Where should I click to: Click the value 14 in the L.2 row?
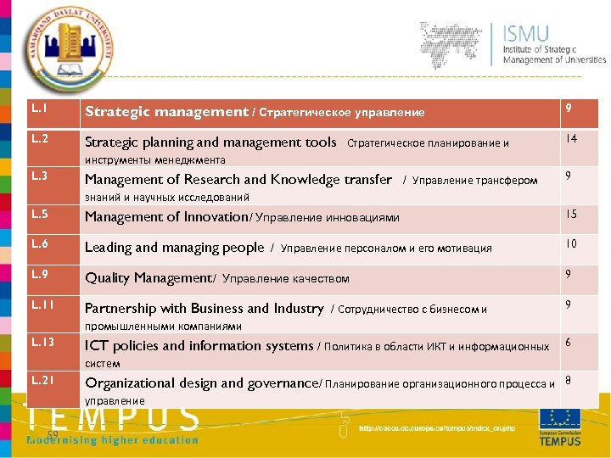pos(571,137)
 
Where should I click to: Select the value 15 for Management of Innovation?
pos(571,214)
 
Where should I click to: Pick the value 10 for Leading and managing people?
pos(571,244)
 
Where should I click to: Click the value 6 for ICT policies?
pos(569,341)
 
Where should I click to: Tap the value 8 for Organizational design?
pos(569,380)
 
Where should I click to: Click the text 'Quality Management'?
pos(148,278)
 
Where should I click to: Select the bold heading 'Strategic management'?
pos(165,112)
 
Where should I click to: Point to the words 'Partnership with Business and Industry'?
pos(204,309)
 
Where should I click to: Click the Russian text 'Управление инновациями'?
pos(327,218)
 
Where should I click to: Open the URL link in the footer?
pos(436,428)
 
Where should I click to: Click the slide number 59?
pos(52,435)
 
